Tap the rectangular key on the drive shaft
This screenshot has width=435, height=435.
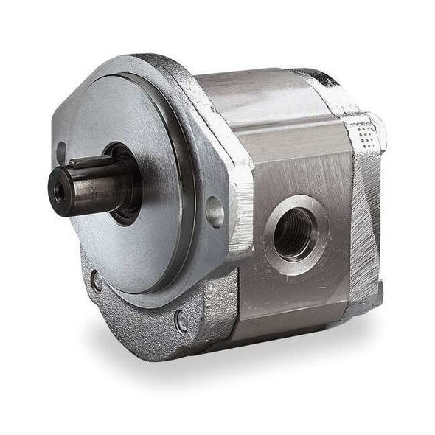(87, 161)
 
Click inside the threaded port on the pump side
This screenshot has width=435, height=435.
(293, 234)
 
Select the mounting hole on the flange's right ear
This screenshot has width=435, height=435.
(215, 212)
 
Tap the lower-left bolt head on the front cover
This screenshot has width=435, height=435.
(96, 280)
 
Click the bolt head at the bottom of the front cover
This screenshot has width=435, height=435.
(181, 321)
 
